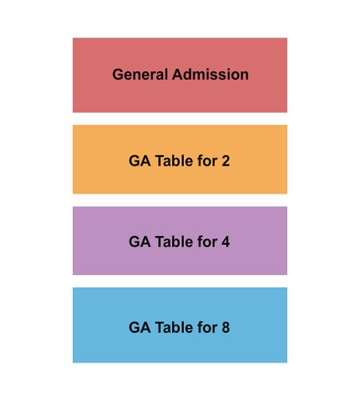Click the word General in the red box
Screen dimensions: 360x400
(140, 74)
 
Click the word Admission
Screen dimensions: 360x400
(210, 74)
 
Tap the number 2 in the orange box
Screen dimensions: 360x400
(226, 161)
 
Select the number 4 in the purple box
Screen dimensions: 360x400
(226, 242)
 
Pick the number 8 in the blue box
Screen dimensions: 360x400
(226, 327)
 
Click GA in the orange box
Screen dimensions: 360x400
(140, 161)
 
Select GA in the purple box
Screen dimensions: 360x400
(140, 242)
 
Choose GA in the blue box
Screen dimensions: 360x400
(140, 327)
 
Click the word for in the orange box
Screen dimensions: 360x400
(207, 161)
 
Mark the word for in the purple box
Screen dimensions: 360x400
(207, 242)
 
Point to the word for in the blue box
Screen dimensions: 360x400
(207, 327)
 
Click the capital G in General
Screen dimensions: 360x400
(118, 74)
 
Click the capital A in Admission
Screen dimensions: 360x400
(178, 74)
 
